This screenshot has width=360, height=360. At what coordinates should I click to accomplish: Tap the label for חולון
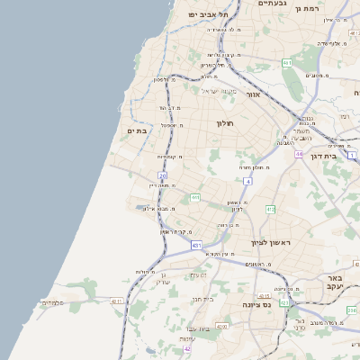(224, 122)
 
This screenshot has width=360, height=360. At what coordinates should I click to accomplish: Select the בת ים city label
(137, 131)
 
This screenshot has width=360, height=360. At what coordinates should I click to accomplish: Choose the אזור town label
(253, 94)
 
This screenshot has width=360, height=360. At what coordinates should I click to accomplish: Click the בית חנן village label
(202, 298)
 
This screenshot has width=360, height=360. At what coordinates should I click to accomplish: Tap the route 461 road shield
(287, 62)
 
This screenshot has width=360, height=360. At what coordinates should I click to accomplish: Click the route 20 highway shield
(162, 175)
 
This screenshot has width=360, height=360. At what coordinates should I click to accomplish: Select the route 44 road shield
(298, 154)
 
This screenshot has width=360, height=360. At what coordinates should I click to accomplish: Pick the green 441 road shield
(194, 197)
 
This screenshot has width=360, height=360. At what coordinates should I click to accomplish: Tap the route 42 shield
(187, 348)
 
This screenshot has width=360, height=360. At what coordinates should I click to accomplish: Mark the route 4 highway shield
(247, 182)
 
